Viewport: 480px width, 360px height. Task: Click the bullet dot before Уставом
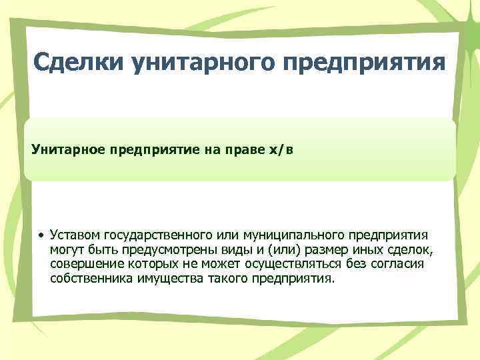tap(41, 236)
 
